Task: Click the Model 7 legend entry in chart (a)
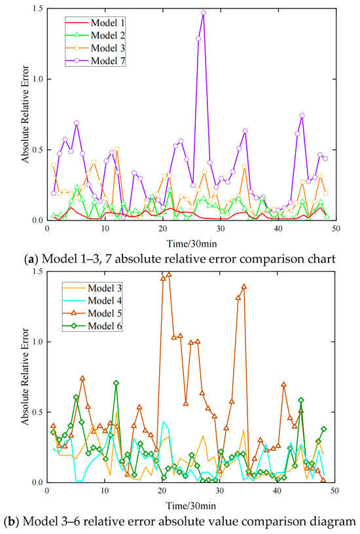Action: pos(95,61)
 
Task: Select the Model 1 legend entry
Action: pos(95,23)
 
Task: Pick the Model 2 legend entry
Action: pos(95,35)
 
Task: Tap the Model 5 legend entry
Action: pos(92,313)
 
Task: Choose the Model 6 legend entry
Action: pos(92,326)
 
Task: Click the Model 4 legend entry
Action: pos(92,301)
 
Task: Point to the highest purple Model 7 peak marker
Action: pos(204,12)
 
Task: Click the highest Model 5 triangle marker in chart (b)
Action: pos(169,274)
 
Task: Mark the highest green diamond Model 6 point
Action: pos(116,383)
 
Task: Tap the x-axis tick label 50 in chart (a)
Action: pos(336,228)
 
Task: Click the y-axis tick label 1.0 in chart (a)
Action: pos(37,79)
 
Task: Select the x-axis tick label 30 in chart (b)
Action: pos(220,491)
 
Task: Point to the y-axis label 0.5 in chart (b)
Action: pos(37,412)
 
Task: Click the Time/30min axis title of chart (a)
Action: pos(192,244)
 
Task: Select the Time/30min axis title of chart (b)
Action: pos(190,506)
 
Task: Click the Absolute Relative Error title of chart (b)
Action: pos(26,377)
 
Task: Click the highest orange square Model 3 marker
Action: pos(117,149)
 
